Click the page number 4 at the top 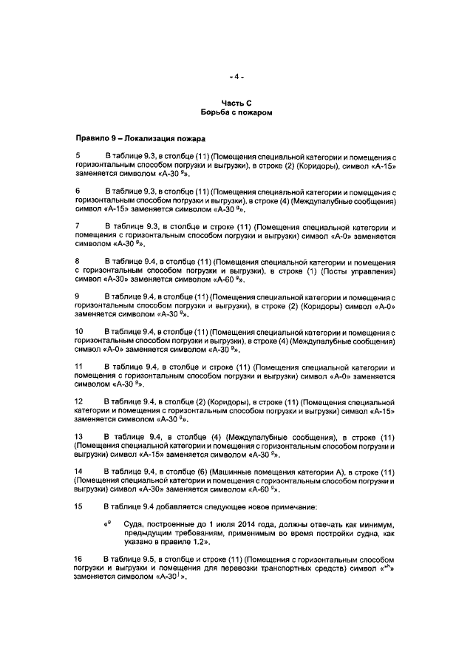(236, 76)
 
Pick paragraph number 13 (79, 435)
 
